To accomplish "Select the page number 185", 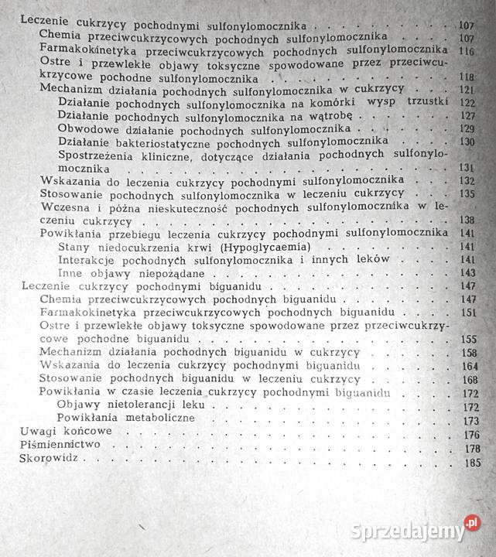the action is tap(471, 463).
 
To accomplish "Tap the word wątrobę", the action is tap(331, 115).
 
